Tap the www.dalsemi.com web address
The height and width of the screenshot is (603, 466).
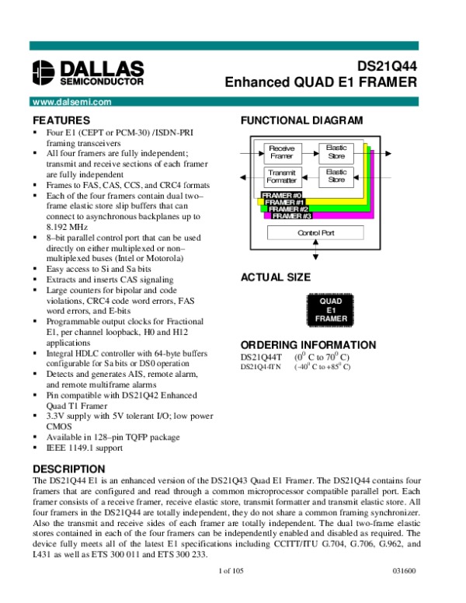point(68,102)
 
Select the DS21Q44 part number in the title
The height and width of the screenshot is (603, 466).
point(387,67)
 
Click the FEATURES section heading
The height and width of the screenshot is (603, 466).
point(61,120)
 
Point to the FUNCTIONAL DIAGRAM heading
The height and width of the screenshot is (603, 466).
point(301,120)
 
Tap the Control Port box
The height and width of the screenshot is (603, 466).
point(315,232)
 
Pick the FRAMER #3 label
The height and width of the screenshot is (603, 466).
point(292,215)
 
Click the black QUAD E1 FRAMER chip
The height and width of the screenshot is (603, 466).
point(332,308)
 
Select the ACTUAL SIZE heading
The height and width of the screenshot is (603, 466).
point(276,277)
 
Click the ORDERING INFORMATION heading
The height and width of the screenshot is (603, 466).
point(308,345)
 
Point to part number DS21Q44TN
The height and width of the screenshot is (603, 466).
point(260,366)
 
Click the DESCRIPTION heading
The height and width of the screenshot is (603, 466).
point(68,469)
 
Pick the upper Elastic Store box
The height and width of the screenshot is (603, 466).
point(336,152)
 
